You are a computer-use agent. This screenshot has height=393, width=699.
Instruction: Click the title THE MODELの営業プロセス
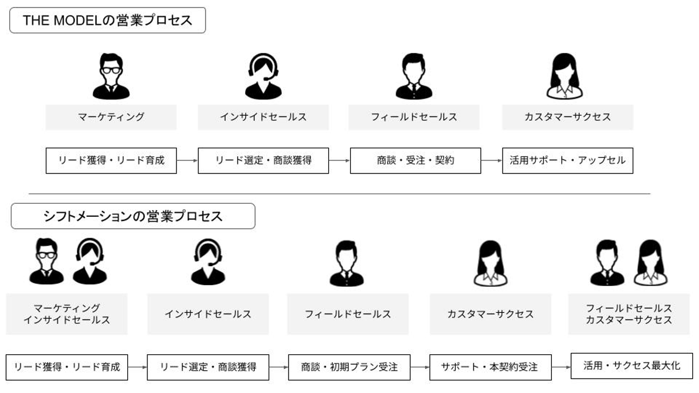[x=107, y=20]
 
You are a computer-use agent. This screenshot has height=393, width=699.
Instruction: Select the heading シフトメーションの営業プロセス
[x=133, y=216]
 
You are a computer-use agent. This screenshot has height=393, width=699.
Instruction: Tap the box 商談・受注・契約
[x=415, y=160]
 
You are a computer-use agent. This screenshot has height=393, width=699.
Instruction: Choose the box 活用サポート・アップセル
[x=567, y=160]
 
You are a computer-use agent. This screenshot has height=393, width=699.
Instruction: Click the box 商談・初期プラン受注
[x=349, y=367]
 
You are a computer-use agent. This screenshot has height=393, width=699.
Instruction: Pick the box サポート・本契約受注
[x=490, y=367]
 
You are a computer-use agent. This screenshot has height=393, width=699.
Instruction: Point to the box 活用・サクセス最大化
[x=631, y=365]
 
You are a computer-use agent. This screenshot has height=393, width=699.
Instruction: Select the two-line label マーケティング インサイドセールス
[x=67, y=314]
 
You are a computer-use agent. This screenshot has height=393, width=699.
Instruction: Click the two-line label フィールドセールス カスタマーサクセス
[x=629, y=314]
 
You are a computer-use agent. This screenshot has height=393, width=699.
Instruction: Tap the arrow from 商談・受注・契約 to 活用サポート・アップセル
[x=491, y=160]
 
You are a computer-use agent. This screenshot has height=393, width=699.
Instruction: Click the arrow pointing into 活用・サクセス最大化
[x=561, y=367]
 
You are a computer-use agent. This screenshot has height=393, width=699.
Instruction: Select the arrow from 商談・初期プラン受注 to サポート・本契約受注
[x=419, y=367]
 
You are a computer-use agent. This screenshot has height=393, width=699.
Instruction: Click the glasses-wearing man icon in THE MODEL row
[x=111, y=76]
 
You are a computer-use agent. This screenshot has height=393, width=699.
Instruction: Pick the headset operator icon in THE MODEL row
[x=263, y=76]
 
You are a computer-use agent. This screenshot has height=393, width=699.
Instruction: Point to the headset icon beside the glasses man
[x=90, y=262]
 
